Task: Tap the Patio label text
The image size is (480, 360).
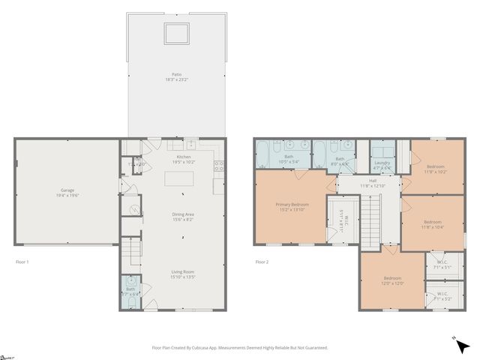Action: [x=176, y=76]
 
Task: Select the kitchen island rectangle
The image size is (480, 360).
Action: [x=179, y=179]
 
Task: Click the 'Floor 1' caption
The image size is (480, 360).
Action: [x=22, y=262]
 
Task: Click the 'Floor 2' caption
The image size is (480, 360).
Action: [x=262, y=262]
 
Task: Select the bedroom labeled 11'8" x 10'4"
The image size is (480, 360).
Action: [x=432, y=223]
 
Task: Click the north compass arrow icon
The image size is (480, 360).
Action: [x=463, y=346]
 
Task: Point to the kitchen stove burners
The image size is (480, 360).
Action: [x=219, y=167]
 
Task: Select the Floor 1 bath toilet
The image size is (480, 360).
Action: [x=131, y=281]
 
